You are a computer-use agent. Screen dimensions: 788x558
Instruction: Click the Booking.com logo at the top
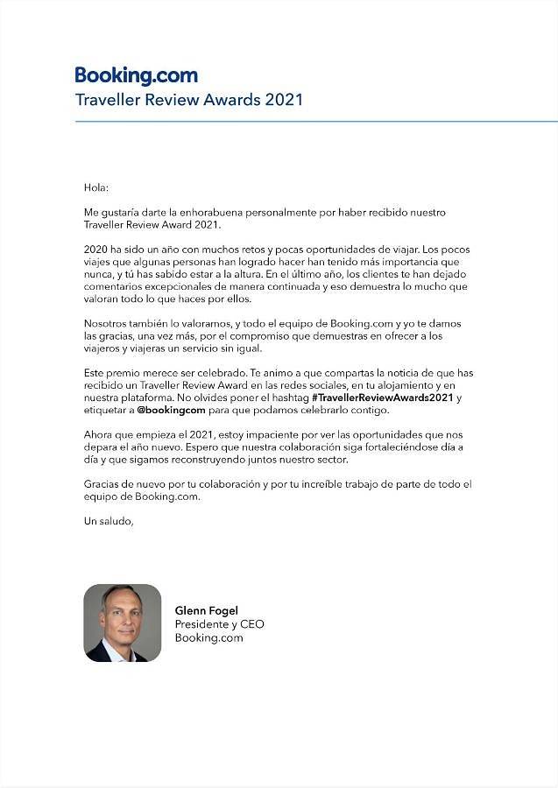pos(136,75)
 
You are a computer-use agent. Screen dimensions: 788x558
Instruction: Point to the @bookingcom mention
pos(171,410)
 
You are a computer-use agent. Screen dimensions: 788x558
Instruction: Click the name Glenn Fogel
pos(208,609)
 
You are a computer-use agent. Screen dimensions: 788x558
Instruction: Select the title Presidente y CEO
pos(219,624)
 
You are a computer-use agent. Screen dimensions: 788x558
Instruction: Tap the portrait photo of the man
pos(123,623)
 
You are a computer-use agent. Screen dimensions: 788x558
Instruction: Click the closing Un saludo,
pos(109,521)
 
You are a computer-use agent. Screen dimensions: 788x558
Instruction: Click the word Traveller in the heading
pos(109,99)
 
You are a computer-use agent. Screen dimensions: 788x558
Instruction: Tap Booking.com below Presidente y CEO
pos(208,638)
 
